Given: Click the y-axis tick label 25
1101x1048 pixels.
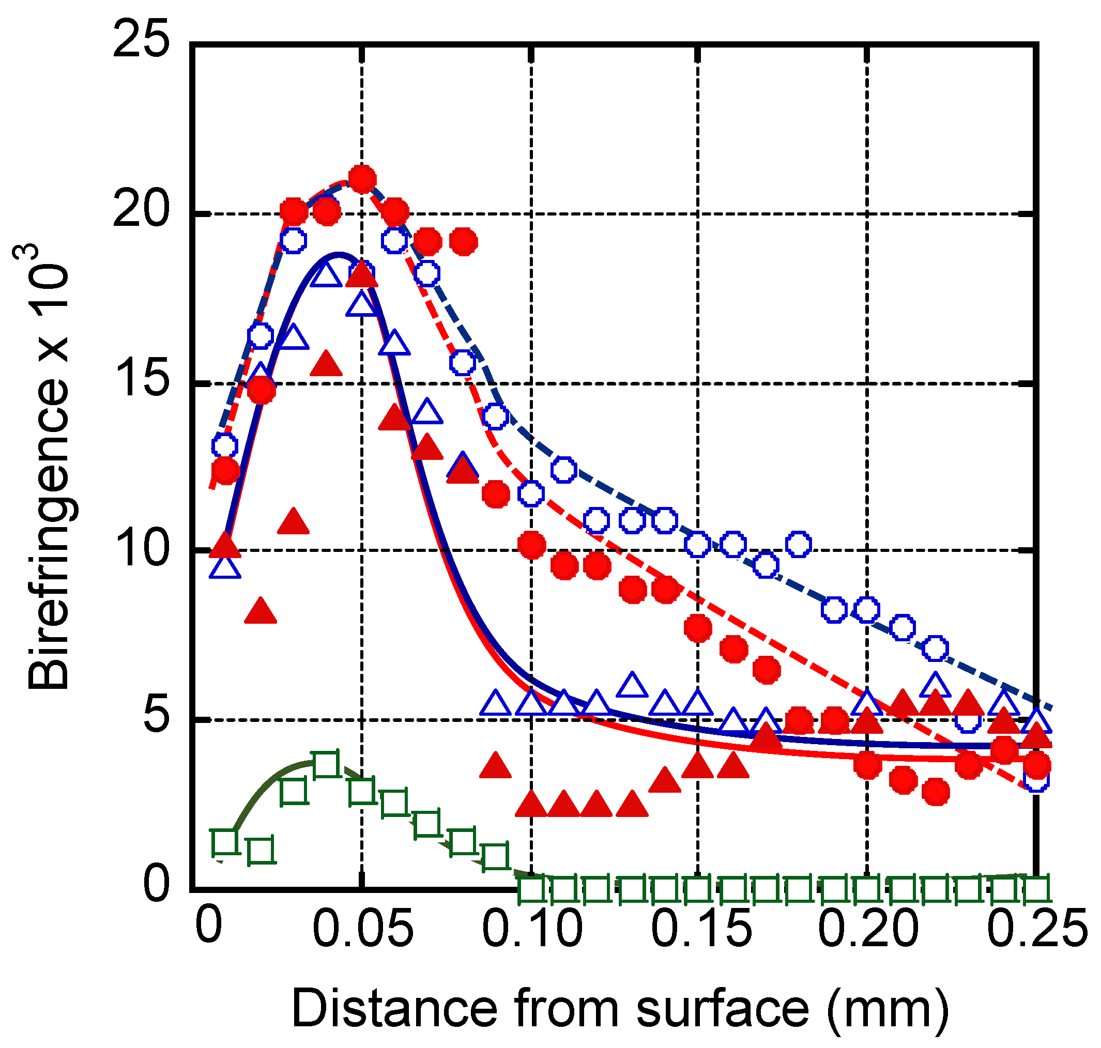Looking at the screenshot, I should (141, 39).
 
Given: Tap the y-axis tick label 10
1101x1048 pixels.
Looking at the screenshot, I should (141, 549).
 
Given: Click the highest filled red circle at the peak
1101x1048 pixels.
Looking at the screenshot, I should (362, 179).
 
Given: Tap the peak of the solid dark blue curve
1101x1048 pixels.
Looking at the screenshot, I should (338, 255).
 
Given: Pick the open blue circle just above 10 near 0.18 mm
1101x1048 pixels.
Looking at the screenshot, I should (799, 544).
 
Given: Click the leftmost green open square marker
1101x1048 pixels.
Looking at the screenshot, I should (225, 841).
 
